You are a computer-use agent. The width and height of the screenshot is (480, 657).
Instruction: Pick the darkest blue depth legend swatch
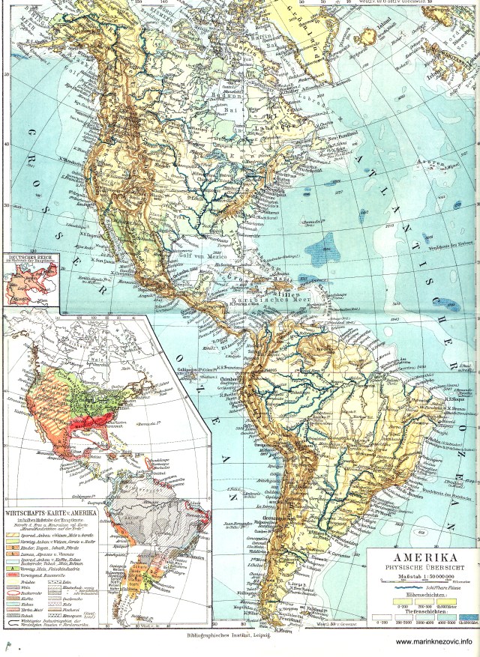pyautogui.click(x=468, y=621)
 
